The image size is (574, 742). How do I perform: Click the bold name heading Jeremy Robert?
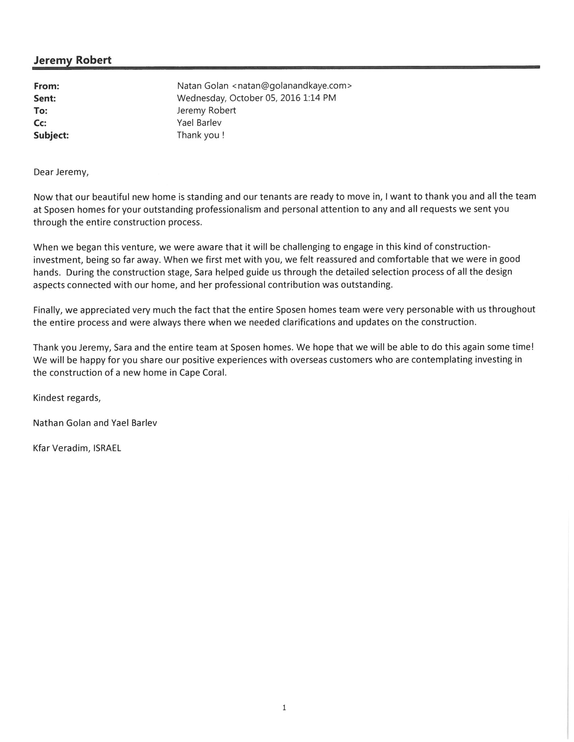pos(73,60)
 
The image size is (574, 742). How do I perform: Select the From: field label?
pos(47,86)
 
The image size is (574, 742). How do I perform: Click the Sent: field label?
pos(45,98)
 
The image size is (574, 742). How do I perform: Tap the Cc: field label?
pos(40,123)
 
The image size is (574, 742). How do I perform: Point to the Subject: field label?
pos(51,135)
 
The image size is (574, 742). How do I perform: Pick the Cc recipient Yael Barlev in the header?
pos(199,123)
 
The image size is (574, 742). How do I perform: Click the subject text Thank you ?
pos(201,135)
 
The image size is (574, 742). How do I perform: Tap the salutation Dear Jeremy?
pos(61,172)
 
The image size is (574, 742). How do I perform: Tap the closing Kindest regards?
pos(67,398)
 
